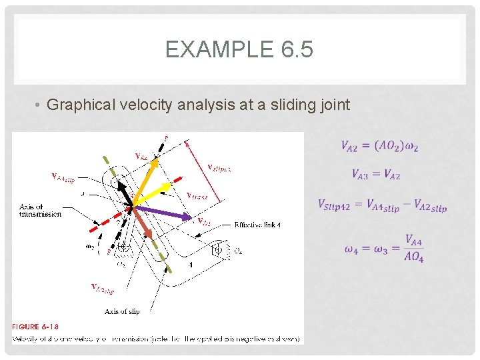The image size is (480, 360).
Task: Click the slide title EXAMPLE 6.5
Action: click(239, 50)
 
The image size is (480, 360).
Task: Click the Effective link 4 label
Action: click(257, 225)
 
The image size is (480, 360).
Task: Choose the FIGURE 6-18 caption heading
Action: click(35, 326)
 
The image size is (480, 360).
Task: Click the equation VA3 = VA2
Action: click(376, 175)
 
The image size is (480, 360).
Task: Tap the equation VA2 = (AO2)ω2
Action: click(380, 146)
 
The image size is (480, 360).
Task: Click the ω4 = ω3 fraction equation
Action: click(384, 248)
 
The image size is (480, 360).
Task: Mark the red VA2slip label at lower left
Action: click(103, 288)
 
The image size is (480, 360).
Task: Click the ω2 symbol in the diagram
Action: click(90, 245)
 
